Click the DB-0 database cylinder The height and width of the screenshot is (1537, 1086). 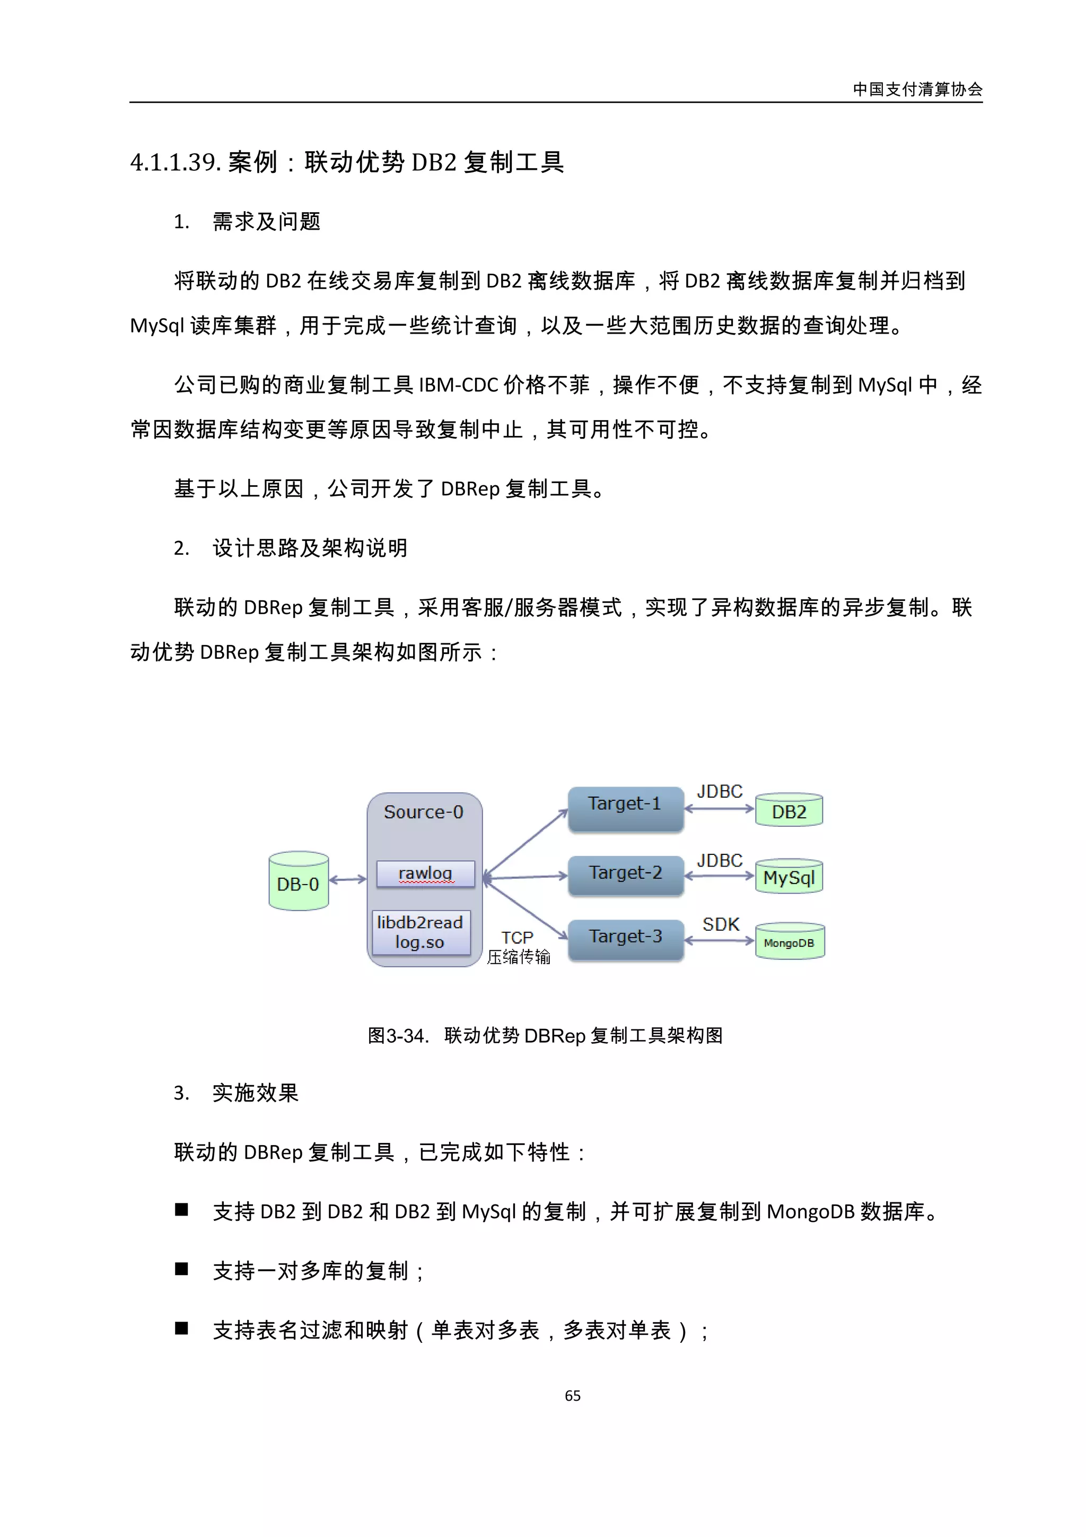(x=299, y=881)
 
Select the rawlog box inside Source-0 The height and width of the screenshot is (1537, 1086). (x=426, y=874)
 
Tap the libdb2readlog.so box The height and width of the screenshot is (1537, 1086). (x=420, y=932)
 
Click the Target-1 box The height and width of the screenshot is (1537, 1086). (x=625, y=809)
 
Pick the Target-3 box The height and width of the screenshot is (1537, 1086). (x=626, y=939)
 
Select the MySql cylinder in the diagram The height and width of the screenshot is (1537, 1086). (x=789, y=876)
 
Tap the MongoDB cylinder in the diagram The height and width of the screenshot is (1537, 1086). (x=790, y=941)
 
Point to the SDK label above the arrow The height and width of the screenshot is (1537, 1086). (x=721, y=924)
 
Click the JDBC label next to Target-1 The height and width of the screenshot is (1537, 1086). (x=720, y=792)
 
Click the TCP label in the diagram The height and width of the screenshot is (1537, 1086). (x=517, y=938)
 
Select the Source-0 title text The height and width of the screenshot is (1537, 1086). (x=424, y=812)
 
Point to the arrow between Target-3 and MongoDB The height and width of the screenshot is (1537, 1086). (x=720, y=940)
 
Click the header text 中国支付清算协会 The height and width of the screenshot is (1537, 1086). (x=917, y=90)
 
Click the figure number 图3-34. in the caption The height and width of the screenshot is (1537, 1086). (x=398, y=1036)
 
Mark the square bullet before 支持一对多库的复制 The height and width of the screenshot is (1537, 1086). (x=181, y=1269)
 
